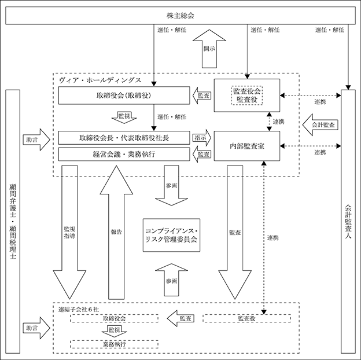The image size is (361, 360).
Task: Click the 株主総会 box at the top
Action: click(x=181, y=16)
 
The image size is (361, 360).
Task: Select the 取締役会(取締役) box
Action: click(x=124, y=95)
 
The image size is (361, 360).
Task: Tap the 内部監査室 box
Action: click(x=247, y=146)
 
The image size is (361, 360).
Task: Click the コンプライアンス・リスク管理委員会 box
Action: click(x=171, y=235)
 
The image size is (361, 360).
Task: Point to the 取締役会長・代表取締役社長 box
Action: click(x=124, y=138)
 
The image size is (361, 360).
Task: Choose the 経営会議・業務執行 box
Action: click(x=124, y=154)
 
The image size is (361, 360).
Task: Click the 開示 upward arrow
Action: click(x=209, y=49)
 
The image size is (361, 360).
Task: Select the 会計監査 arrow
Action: click(x=321, y=125)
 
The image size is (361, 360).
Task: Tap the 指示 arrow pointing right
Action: click(x=202, y=138)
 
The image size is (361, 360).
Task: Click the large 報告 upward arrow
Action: click(x=116, y=233)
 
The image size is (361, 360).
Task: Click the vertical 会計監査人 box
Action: click(x=348, y=221)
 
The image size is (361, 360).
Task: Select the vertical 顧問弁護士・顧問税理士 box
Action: click(x=13, y=221)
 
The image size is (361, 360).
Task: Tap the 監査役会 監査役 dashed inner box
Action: click(x=247, y=95)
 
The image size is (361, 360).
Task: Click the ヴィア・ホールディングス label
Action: click(x=100, y=80)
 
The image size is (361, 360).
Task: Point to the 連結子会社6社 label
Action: click(x=79, y=309)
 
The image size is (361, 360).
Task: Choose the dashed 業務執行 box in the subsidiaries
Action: click(x=114, y=344)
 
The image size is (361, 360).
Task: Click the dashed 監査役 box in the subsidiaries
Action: click(x=247, y=318)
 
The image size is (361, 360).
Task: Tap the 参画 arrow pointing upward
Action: click(x=171, y=280)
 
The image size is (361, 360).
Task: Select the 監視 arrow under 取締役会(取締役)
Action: click(x=124, y=117)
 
